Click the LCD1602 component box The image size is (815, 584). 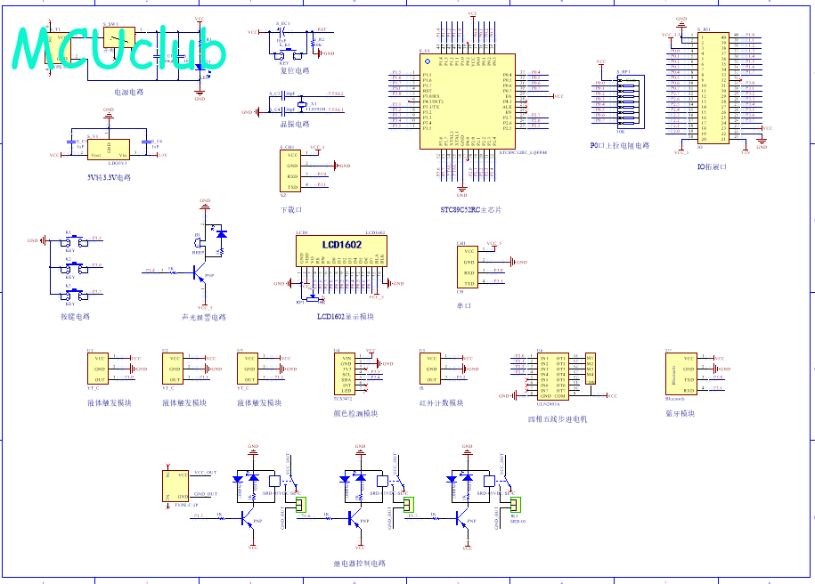[341, 258]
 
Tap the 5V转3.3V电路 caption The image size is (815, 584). [109, 177]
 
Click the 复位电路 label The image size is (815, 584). [295, 70]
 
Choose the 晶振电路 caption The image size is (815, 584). [295, 124]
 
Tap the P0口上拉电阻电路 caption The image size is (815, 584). [620, 145]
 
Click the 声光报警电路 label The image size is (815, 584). [203, 317]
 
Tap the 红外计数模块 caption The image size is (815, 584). [442, 402]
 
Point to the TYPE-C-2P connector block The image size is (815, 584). [175, 485]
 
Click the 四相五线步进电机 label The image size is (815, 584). [558, 418]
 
